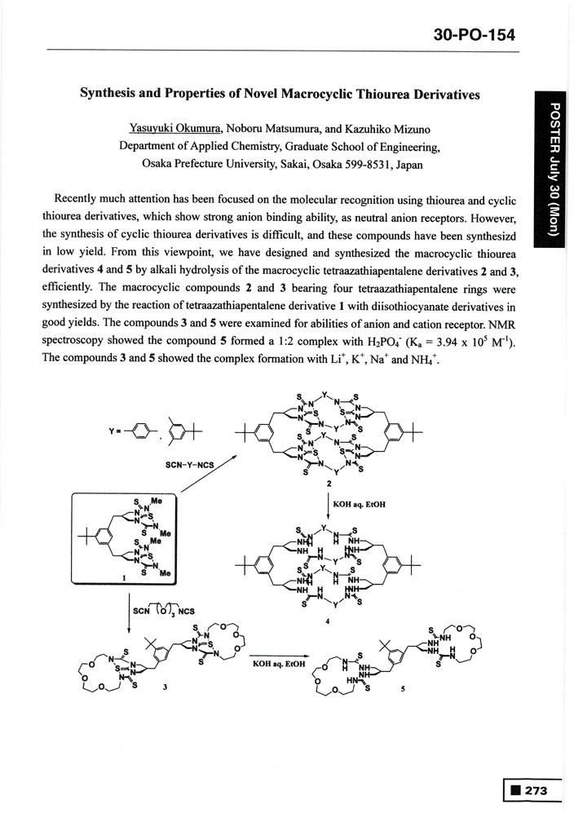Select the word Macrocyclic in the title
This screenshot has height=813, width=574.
click(x=320, y=95)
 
